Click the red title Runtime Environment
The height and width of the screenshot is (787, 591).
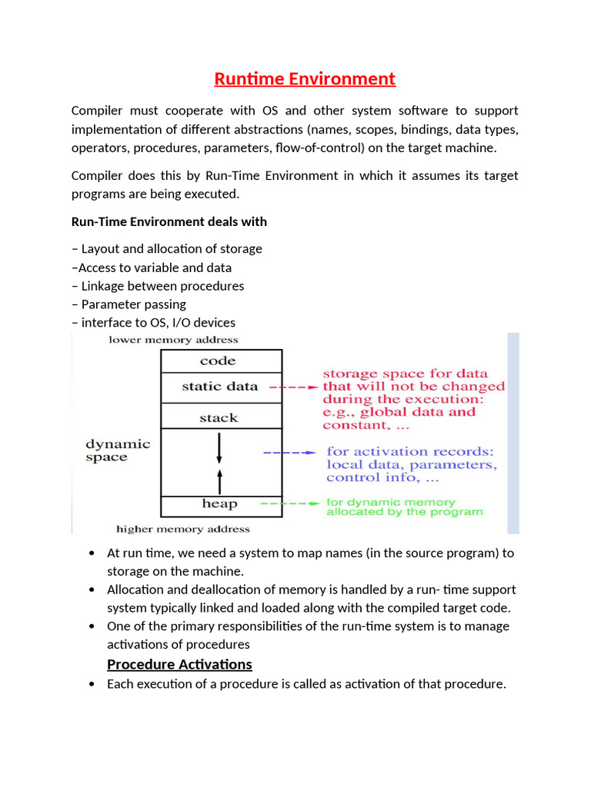point(304,78)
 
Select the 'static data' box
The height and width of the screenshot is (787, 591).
point(220,387)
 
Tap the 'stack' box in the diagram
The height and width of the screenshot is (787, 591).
point(220,417)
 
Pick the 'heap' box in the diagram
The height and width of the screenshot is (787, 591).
point(220,504)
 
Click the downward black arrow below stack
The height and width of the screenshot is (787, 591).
point(219,447)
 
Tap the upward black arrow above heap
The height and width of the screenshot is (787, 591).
point(219,482)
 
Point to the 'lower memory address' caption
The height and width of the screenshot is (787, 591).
point(173,340)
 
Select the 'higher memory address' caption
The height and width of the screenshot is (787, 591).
point(183,529)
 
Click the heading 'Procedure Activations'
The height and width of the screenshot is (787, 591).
point(179,664)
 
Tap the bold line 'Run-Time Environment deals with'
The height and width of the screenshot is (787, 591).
point(169,221)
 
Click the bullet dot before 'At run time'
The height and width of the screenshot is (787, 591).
point(92,553)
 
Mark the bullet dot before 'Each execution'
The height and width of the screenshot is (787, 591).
point(92,684)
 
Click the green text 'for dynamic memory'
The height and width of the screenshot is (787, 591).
point(391,501)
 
